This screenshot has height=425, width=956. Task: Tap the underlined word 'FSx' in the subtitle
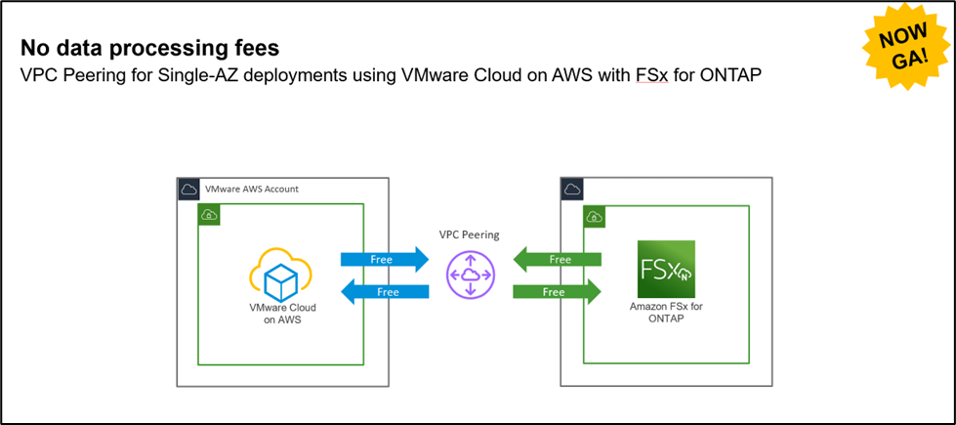tap(639, 74)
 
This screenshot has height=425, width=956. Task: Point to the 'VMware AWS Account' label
tap(252, 189)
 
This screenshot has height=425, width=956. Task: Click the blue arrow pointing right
tap(384, 260)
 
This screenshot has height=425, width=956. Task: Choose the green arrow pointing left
tap(558, 260)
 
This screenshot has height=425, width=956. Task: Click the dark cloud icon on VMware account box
tap(189, 189)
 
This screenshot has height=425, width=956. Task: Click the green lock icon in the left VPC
tap(208, 214)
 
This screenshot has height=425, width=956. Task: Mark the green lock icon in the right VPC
tap(592, 214)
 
